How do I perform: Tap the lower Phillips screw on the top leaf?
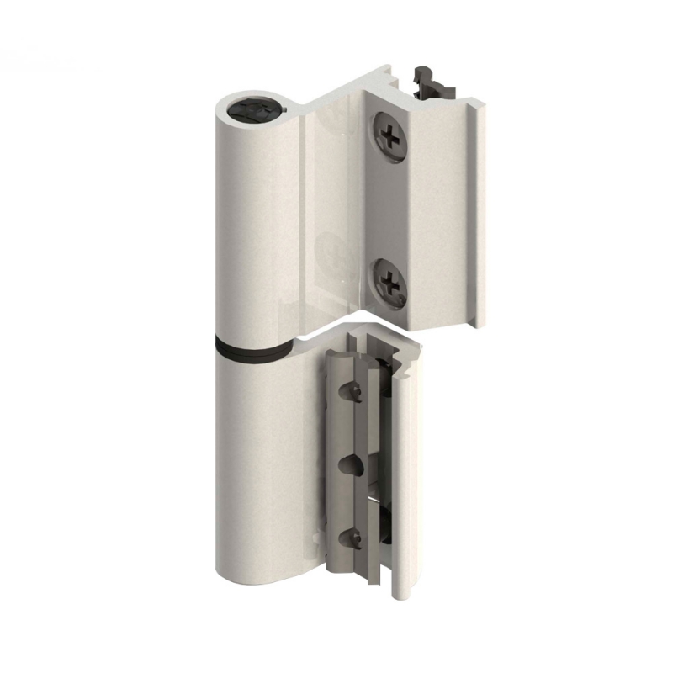pyautogui.click(x=389, y=281)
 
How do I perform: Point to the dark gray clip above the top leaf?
pyautogui.click(x=432, y=81)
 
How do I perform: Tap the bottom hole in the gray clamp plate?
pyautogui.click(x=348, y=539)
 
